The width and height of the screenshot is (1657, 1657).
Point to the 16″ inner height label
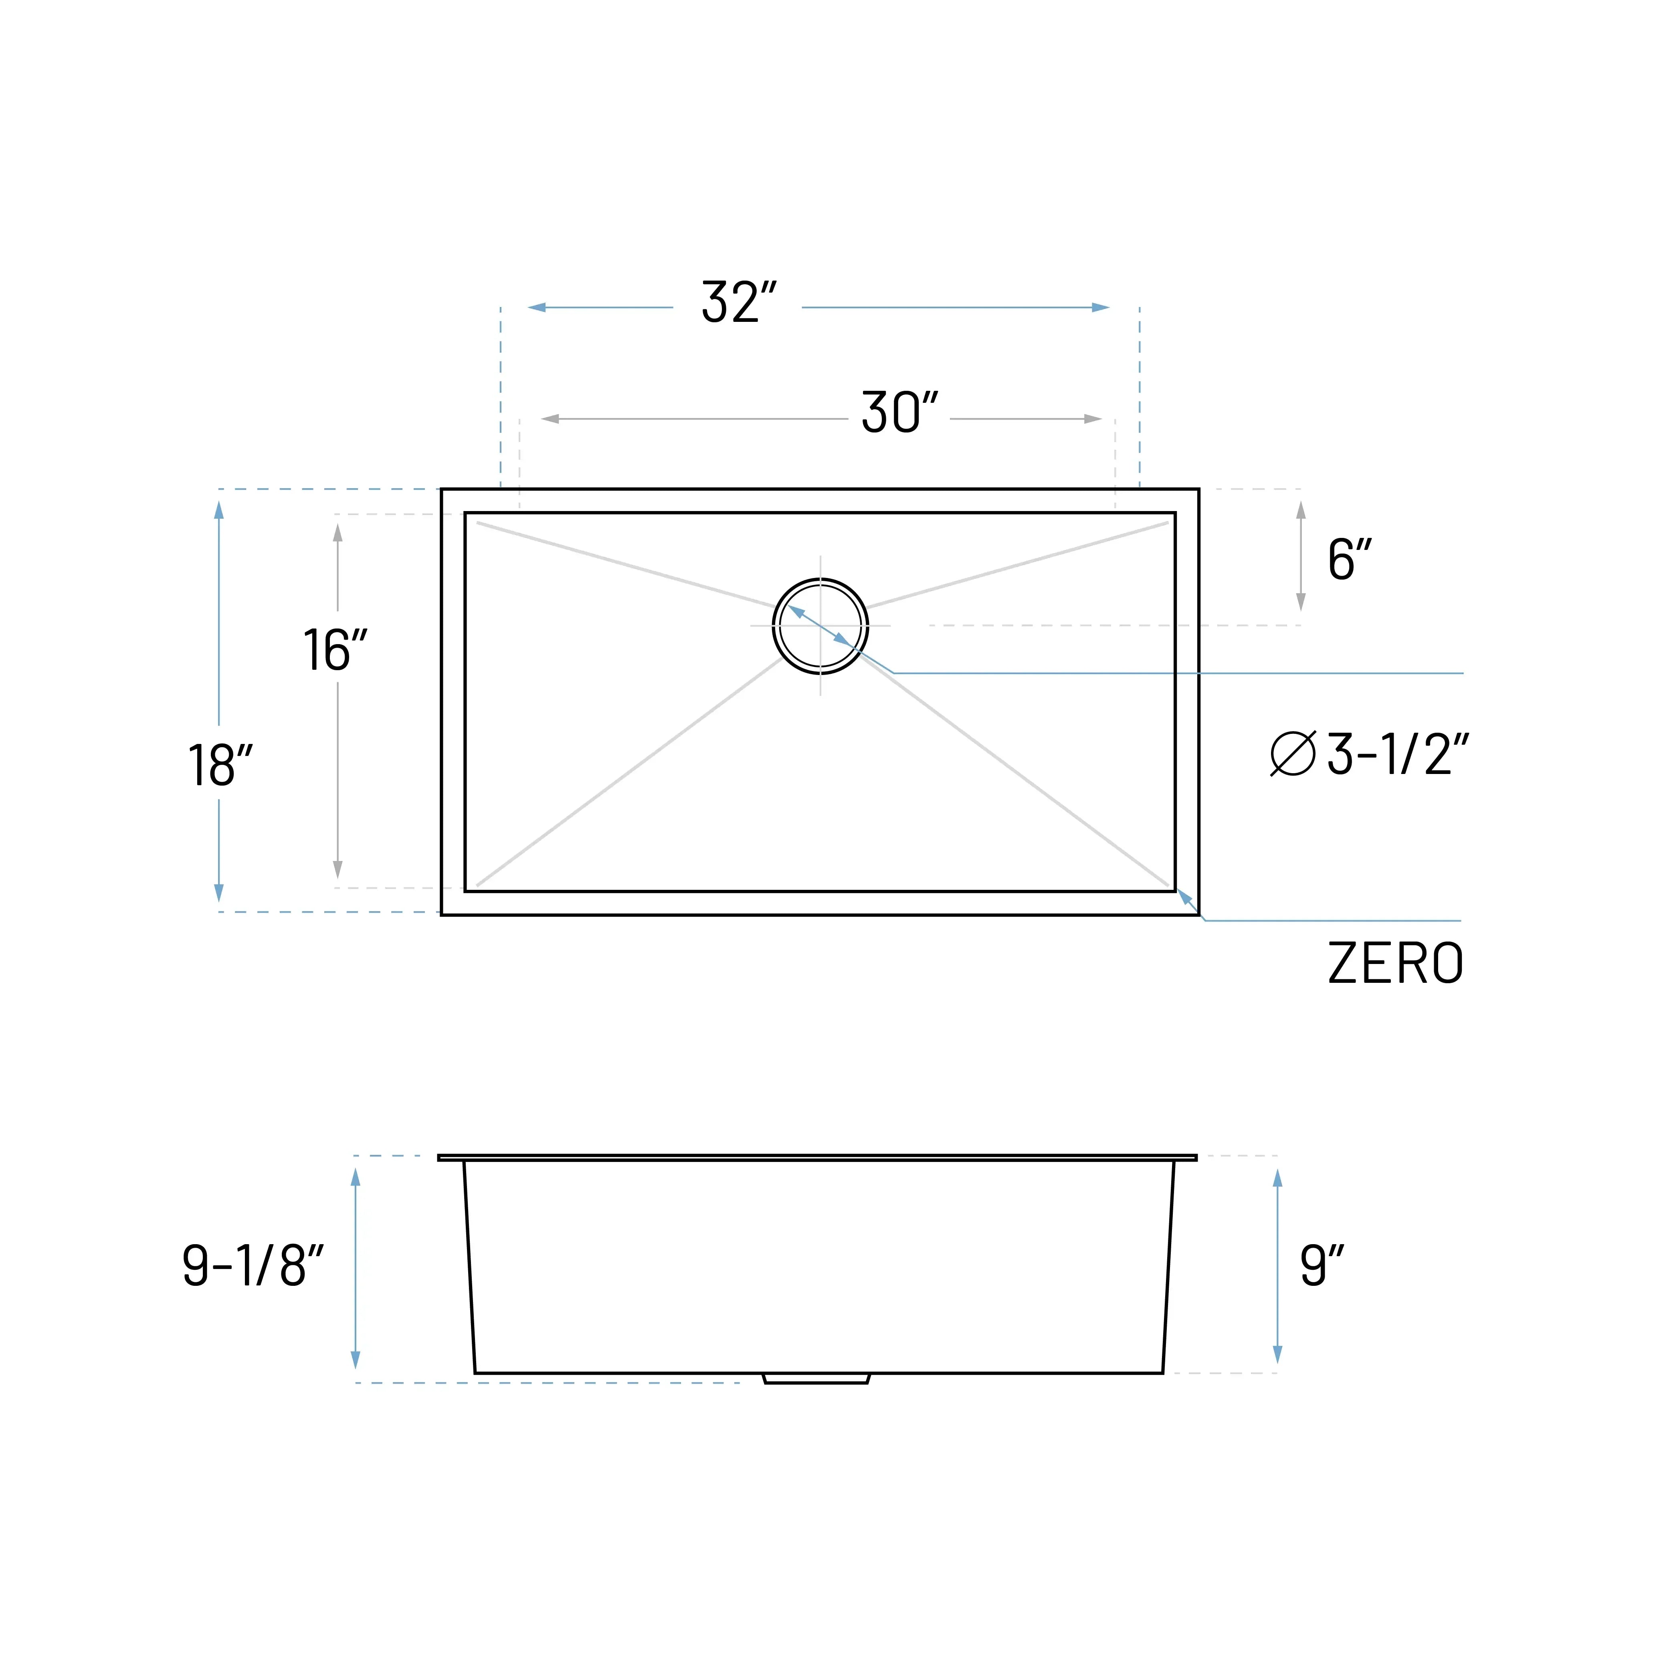click(335, 650)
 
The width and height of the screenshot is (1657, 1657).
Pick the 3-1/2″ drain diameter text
click(1398, 755)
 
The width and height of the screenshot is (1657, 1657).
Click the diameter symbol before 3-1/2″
click(1293, 754)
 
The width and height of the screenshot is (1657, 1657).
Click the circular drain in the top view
click(820, 626)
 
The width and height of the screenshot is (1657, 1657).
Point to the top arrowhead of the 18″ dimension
click(219, 510)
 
